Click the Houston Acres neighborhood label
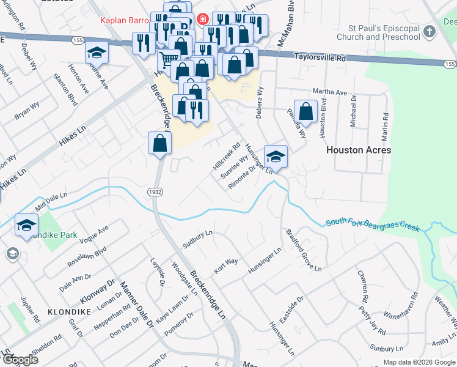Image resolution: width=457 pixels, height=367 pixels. point(358,150)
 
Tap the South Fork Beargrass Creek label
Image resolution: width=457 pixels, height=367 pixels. point(373,225)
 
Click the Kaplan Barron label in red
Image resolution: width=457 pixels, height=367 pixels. point(125,20)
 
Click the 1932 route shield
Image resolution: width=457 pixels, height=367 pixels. point(155,192)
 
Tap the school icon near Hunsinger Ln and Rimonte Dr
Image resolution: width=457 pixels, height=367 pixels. point(276,157)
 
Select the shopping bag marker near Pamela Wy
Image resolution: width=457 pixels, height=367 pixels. point(306,112)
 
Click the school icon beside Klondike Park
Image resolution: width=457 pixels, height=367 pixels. point(26,226)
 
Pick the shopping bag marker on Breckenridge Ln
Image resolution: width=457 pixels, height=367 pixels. point(159,144)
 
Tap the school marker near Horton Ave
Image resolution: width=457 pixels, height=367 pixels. point(97,54)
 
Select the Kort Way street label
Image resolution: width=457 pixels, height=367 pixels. point(225,265)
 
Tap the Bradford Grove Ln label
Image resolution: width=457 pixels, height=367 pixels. point(304,250)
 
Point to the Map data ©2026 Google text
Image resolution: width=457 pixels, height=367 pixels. point(418,362)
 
